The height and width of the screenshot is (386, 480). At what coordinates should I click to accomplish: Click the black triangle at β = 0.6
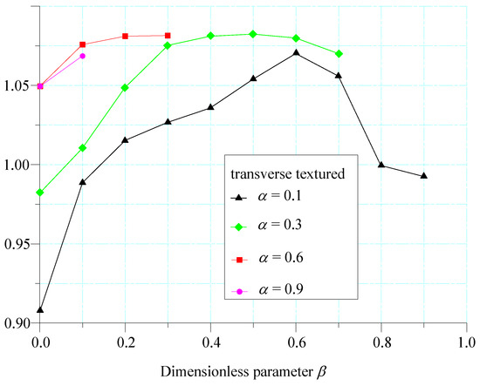[297, 52]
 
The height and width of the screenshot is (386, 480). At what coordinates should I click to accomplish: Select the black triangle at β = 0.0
[40, 309]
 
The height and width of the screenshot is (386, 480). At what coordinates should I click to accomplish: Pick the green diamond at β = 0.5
[253, 34]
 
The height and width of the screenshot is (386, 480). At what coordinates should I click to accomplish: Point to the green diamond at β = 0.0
[40, 192]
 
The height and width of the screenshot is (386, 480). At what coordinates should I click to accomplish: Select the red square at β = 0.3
[168, 36]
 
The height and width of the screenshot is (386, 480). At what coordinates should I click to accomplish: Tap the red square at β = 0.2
[126, 37]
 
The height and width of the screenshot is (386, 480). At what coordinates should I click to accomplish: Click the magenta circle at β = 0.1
[83, 56]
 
